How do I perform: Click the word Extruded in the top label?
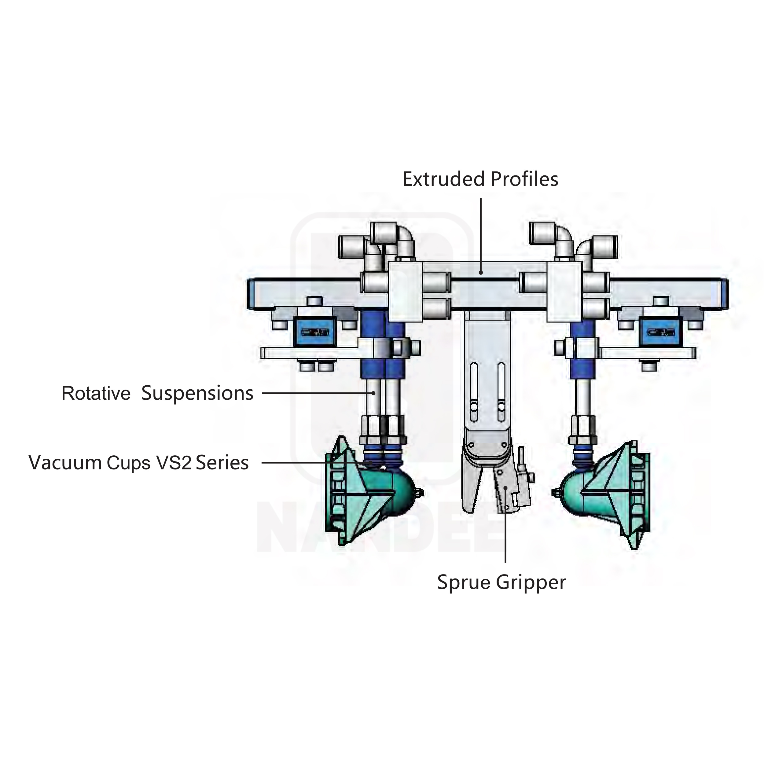click(x=444, y=179)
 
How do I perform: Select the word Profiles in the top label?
click(x=524, y=179)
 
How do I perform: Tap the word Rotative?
click(x=96, y=394)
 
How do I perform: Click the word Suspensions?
click(x=197, y=394)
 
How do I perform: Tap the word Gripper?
click(x=531, y=583)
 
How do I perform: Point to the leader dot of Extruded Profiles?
click(x=481, y=272)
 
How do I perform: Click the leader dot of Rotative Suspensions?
click(x=374, y=393)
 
